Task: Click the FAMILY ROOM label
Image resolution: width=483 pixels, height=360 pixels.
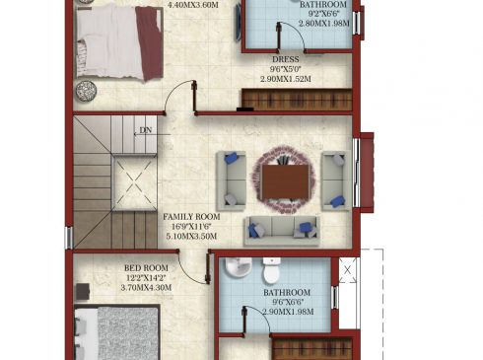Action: [x=191, y=217]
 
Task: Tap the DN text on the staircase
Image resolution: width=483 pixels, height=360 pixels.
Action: [x=146, y=130]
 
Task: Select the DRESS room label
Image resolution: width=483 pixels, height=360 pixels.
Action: [x=286, y=59]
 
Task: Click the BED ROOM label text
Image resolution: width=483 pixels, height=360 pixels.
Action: [x=146, y=268]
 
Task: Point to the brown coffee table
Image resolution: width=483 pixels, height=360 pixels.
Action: [x=285, y=181]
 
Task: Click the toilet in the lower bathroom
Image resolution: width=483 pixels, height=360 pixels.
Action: [x=272, y=270]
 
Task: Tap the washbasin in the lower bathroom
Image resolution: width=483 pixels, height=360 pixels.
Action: [x=239, y=266]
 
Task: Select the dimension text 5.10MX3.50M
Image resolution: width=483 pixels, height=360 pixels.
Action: [x=191, y=236]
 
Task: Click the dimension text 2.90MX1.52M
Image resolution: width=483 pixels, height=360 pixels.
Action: [x=286, y=79]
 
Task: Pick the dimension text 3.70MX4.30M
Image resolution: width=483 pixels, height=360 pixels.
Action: [x=146, y=287]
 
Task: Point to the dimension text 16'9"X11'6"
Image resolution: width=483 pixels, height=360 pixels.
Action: [x=191, y=227]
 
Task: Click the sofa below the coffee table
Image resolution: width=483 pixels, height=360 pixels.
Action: [x=282, y=231]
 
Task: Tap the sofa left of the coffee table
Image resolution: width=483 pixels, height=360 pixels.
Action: [x=232, y=180]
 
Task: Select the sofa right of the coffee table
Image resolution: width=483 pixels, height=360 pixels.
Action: [x=336, y=180]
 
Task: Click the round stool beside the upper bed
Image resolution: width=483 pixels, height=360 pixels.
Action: [x=86, y=91]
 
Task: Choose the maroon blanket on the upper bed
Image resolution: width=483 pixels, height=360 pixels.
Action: [x=150, y=43]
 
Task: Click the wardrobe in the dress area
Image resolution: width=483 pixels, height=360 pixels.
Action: [x=297, y=100]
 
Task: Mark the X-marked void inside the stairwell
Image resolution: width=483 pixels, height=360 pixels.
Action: [x=134, y=182]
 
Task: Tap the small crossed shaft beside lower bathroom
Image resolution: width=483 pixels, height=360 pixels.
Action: [x=347, y=270]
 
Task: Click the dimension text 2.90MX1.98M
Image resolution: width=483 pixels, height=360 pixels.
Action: [x=288, y=312]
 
